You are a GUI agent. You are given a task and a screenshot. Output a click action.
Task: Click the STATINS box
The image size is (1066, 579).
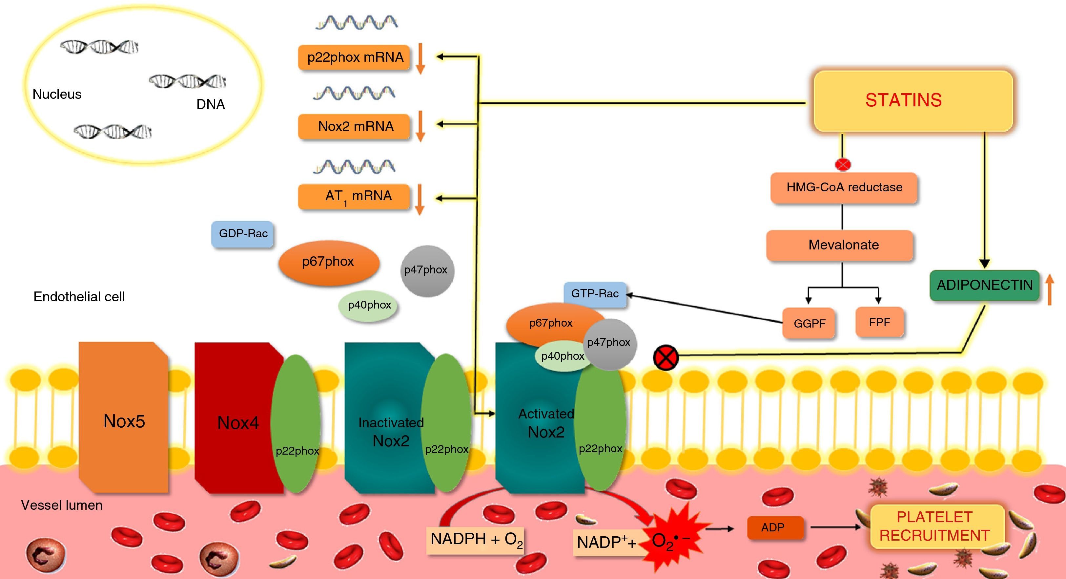click(912, 101)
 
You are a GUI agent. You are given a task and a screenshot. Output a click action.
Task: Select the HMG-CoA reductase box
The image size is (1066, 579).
click(844, 188)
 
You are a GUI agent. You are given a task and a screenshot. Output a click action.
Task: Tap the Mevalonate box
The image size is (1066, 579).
click(840, 245)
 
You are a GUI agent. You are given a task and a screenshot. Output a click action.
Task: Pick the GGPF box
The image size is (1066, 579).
click(809, 323)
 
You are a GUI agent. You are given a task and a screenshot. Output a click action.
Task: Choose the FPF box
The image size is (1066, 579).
click(879, 322)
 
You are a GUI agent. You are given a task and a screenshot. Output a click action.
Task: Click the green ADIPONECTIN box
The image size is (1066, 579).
click(984, 285)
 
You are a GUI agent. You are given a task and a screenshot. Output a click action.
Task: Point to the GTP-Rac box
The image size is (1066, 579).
click(595, 294)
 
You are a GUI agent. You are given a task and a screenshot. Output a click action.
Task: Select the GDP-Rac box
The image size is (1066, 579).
click(243, 234)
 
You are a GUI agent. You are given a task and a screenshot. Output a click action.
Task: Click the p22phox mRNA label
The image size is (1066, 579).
click(354, 57)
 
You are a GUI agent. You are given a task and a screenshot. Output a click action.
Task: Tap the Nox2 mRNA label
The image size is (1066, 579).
click(354, 126)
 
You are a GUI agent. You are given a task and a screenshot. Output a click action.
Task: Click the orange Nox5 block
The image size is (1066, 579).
click(124, 418)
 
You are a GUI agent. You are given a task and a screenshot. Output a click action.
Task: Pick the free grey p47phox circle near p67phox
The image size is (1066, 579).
click(427, 270)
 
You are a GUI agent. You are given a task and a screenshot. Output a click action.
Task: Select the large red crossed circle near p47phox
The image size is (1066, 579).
click(666, 357)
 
